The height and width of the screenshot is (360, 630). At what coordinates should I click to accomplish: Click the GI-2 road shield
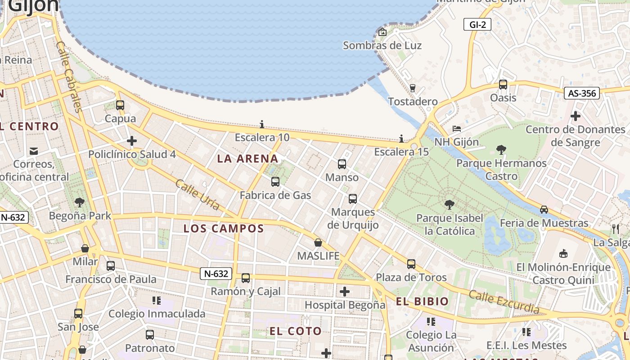[477, 25]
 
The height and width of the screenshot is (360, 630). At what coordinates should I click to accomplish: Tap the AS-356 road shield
[582, 93]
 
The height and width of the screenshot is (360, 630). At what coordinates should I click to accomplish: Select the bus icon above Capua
[120, 105]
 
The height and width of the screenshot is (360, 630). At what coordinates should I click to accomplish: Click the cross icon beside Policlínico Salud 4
[132, 141]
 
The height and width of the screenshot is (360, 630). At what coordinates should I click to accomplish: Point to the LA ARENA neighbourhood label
[247, 158]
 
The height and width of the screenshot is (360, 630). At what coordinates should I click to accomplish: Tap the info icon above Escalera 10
[262, 124]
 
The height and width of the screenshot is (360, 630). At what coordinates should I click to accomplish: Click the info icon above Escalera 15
[401, 139]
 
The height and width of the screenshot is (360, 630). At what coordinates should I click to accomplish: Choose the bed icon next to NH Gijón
[457, 129]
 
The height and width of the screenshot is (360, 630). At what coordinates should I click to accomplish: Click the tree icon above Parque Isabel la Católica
[449, 205]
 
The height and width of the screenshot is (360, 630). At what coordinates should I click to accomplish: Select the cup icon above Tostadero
[413, 88]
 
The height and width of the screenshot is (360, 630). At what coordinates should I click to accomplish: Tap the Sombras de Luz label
[382, 45]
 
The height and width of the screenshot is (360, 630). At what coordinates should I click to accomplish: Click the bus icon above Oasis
[503, 84]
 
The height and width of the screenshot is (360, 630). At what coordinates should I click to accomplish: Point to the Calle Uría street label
[198, 195]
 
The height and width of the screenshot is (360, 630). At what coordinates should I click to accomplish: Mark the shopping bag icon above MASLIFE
[318, 243]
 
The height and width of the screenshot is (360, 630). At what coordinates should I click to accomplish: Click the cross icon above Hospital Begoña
[345, 292]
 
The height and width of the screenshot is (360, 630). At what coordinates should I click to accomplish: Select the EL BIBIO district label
[422, 301]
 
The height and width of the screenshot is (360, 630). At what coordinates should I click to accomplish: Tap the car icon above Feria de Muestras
[544, 210]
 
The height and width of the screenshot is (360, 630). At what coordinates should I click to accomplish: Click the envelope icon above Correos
[34, 151]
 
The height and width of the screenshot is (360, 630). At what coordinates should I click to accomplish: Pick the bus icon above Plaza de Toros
[411, 264]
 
